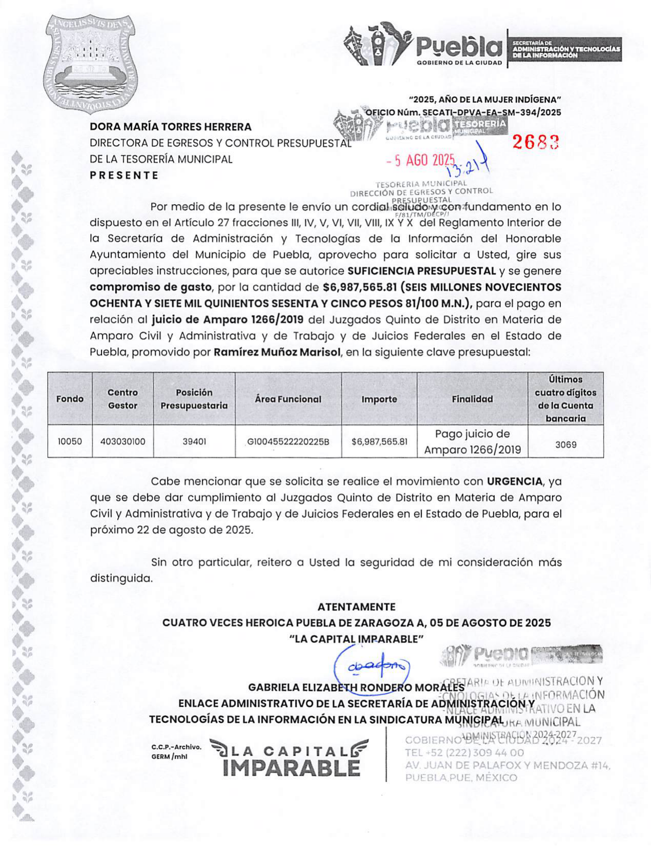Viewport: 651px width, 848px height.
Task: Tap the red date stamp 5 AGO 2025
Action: point(421,160)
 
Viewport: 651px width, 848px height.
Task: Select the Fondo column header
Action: point(70,399)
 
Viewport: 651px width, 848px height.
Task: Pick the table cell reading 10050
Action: point(70,441)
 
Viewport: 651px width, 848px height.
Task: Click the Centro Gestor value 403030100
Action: point(123,441)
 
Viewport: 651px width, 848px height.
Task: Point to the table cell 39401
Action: point(194,441)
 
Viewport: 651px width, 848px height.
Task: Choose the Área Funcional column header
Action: point(288,399)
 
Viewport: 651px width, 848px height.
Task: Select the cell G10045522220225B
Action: point(288,441)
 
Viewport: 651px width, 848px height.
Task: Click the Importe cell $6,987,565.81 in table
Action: point(380,441)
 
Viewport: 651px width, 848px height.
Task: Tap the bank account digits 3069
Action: point(565,445)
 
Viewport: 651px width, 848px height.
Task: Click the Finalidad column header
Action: point(472,399)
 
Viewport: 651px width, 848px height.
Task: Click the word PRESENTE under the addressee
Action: point(124,175)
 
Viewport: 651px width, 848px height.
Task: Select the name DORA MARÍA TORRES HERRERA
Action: point(171,127)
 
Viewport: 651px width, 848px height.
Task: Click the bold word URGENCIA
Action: point(514,481)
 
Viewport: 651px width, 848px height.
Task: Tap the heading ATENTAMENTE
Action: point(356,607)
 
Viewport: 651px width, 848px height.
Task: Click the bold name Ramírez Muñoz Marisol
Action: point(277,352)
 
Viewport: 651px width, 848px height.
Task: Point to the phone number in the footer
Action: point(465,753)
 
